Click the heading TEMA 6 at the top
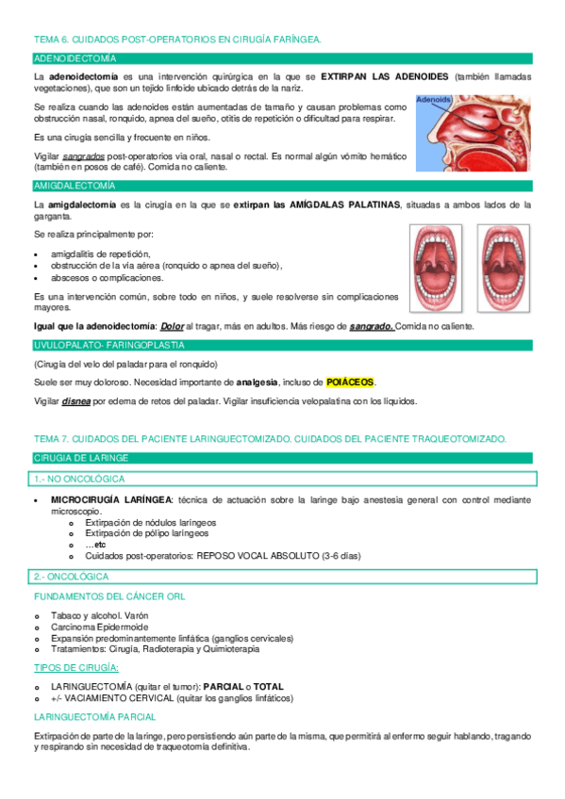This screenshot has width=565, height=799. click(177, 40)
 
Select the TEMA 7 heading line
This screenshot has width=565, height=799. click(270, 439)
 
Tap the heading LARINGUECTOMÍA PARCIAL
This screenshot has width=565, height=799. click(96, 717)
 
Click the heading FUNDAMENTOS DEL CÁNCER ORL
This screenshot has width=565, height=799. click(109, 596)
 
